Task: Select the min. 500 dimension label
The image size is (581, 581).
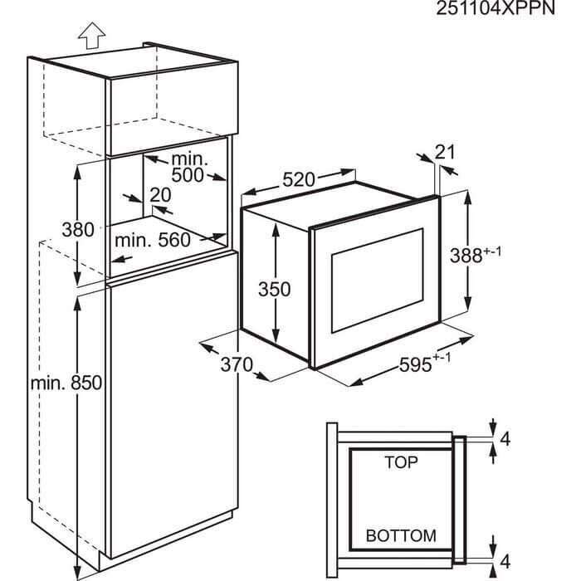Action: [x=187, y=168]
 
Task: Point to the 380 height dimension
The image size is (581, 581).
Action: [x=78, y=230]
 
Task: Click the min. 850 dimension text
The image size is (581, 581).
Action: [x=66, y=383]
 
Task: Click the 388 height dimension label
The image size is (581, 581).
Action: [x=480, y=256]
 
